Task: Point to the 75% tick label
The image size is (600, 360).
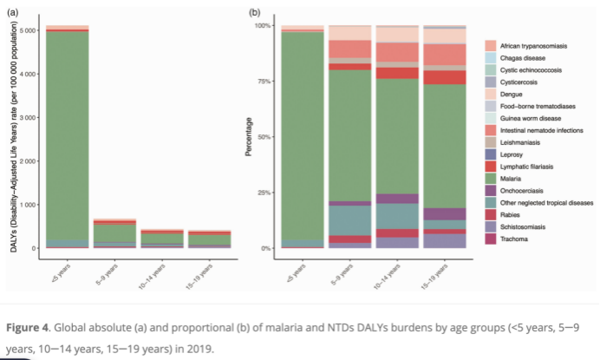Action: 262,82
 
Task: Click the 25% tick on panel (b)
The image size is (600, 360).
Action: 262,193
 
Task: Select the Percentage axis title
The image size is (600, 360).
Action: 249,137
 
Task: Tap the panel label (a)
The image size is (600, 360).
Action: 12,12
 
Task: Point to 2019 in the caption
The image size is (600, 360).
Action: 197,350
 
